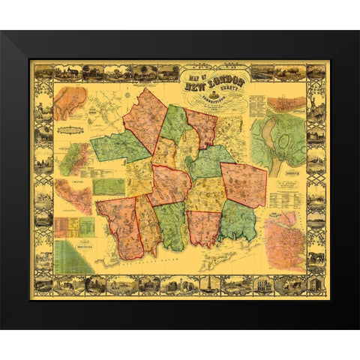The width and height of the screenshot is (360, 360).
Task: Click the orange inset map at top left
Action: [x=70, y=103]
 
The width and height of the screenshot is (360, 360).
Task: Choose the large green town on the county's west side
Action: [x=118, y=147]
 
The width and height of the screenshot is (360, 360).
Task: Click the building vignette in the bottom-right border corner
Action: [x=316, y=284]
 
